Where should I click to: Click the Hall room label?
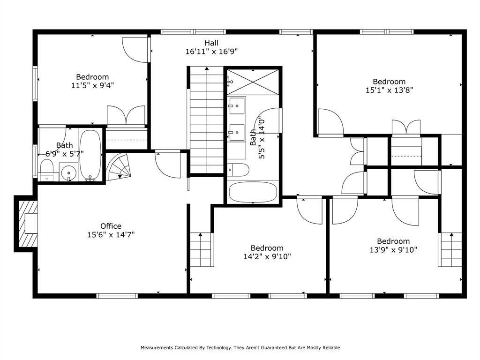pyautogui.click(x=211, y=43)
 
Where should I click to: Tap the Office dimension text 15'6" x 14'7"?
pyautogui.click(x=111, y=235)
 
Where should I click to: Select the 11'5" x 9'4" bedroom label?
pyautogui.click(x=92, y=85)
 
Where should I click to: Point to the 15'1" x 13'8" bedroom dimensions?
pyautogui.click(x=390, y=90)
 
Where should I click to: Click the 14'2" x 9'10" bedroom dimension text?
pyautogui.click(x=267, y=256)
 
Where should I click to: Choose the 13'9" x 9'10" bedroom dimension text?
pyautogui.click(x=393, y=250)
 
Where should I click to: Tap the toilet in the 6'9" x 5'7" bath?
pyautogui.click(x=47, y=170)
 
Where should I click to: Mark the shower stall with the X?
pyautogui.click(x=253, y=82)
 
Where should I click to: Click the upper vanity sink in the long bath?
pyautogui.click(x=237, y=105)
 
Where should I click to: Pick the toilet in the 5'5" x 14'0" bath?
pyautogui.click(x=239, y=170)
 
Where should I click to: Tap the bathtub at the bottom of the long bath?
pyautogui.click(x=253, y=192)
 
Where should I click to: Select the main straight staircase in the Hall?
pyautogui.click(x=207, y=120)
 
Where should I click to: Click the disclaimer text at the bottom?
pyautogui.click(x=240, y=347)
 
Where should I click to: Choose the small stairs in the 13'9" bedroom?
pyautogui.click(x=451, y=249)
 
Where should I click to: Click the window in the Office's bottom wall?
pyautogui.click(x=117, y=296)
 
